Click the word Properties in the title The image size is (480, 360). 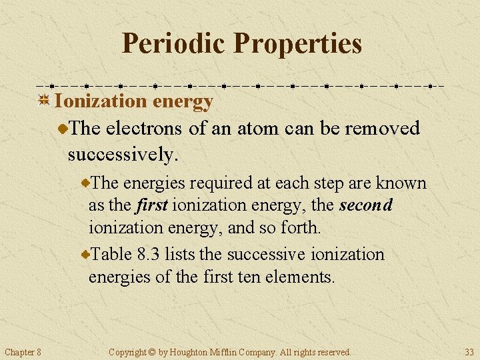[x=298, y=43]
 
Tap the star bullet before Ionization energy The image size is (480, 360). [x=44, y=101]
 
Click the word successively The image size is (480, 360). [x=123, y=155]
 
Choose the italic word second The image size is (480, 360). [x=365, y=205]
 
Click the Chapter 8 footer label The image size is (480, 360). [x=23, y=351]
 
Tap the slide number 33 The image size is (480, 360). [x=469, y=351]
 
